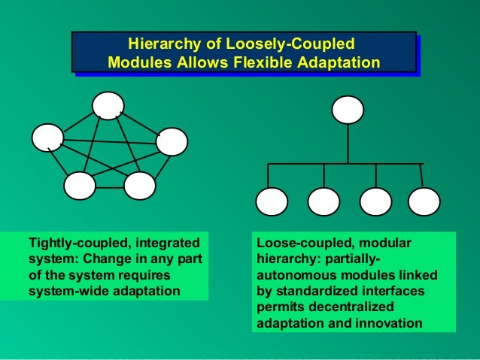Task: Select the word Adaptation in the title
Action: [x=340, y=62]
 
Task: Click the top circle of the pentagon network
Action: [x=109, y=105]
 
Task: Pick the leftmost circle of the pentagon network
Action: [x=47, y=137]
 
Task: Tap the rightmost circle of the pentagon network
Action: [x=172, y=141]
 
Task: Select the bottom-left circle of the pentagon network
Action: [x=80, y=185]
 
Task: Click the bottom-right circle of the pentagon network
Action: [x=139, y=185]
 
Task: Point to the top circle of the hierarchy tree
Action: [x=348, y=110]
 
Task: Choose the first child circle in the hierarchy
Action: [x=272, y=201]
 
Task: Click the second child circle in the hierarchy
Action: [x=324, y=201]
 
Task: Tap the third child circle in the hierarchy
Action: [x=375, y=201]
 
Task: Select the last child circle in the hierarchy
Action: [x=423, y=201]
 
